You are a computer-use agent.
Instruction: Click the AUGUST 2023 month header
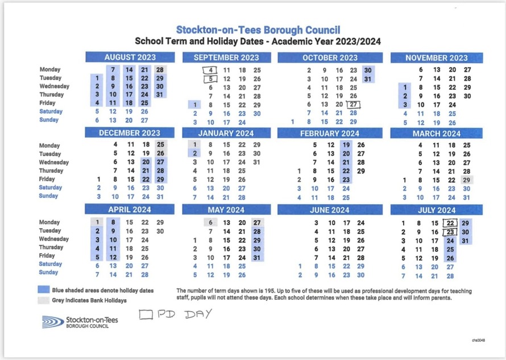[x=131, y=57]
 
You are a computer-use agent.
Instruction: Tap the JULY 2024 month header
[x=436, y=210]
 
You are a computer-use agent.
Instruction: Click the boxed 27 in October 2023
[x=354, y=104]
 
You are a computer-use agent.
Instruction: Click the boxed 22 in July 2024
[x=450, y=223]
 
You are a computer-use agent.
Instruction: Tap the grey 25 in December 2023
[x=161, y=145]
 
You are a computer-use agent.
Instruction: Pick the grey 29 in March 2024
[x=467, y=179]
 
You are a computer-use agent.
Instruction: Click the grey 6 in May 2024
[x=210, y=222]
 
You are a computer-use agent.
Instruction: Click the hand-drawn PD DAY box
[x=146, y=314]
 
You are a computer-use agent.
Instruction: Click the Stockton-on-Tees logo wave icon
[x=53, y=322]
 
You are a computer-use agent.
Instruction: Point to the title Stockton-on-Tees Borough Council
[x=258, y=30]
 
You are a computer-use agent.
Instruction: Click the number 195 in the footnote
[x=276, y=290]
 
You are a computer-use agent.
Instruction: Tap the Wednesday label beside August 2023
[x=55, y=86]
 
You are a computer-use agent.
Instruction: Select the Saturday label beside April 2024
[x=51, y=264]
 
